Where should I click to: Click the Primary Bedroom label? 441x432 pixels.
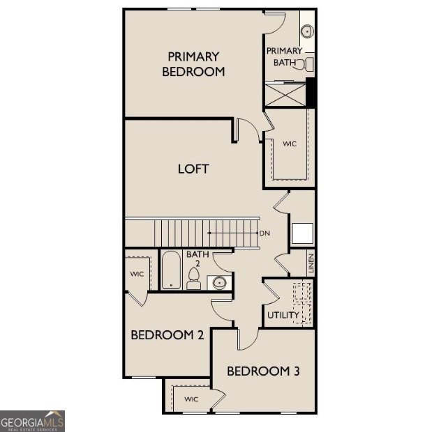point(193,63)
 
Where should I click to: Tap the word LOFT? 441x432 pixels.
point(193,169)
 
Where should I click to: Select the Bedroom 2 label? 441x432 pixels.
point(167,335)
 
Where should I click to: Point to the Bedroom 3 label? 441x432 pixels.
point(263,371)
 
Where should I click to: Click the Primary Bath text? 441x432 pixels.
point(284,56)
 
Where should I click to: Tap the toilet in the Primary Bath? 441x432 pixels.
point(304,65)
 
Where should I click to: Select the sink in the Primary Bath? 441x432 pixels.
point(307,31)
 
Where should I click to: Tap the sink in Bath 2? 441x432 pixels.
point(219,282)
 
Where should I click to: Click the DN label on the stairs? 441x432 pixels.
point(264,233)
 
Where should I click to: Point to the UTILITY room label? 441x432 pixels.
point(283,315)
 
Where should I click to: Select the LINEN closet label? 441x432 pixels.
point(311,263)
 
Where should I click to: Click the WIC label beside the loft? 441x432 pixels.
point(290,144)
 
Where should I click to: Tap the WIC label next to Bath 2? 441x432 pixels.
point(137,274)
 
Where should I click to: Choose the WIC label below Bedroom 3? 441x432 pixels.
point(191,399)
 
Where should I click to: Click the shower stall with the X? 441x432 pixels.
point(285,94)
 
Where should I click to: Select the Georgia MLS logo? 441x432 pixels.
point(33,421)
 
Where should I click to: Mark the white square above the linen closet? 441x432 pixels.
point(302,233)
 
